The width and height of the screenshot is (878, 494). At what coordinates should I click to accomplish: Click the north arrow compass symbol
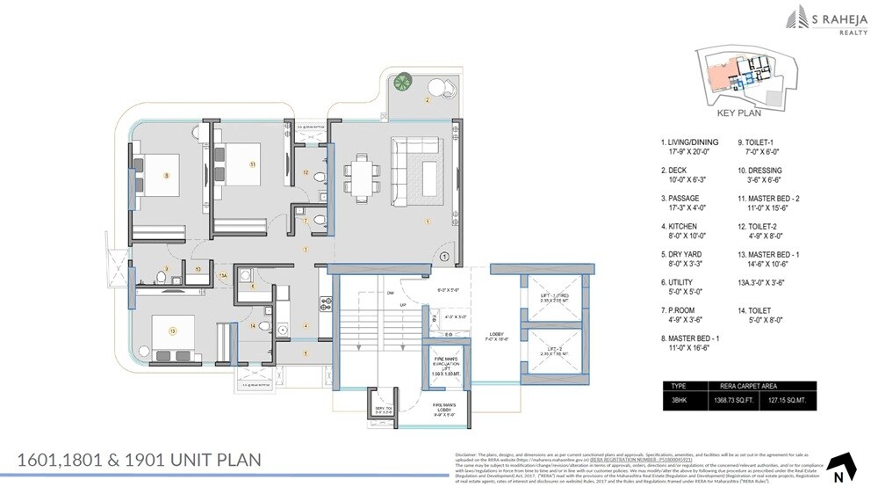(840, 467)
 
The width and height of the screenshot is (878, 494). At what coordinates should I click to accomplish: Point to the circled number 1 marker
(445, 258)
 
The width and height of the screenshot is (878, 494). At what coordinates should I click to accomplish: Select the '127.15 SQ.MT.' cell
(788, 401)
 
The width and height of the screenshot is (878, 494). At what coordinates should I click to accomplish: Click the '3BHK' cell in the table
(680, 401)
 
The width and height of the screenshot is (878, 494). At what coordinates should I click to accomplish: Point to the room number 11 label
(252, 163)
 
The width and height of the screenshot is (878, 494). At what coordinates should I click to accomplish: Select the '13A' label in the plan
(223, 277)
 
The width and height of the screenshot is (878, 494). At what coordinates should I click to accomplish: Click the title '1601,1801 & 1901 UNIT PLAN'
(140, 460)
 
